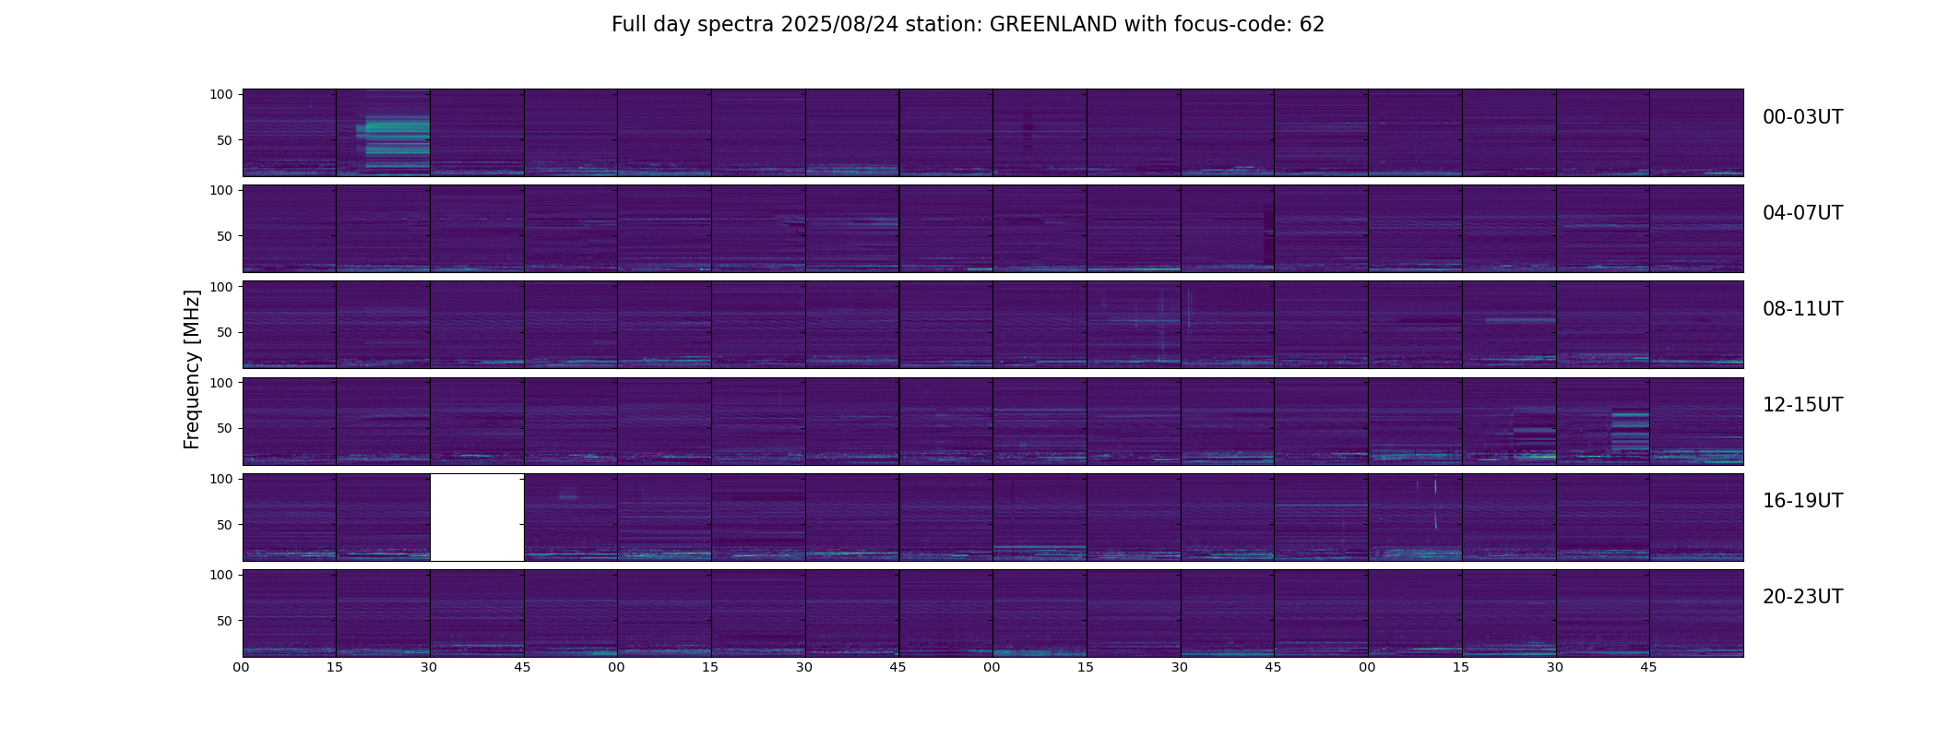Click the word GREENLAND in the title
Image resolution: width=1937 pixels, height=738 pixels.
(x=1052, y=25)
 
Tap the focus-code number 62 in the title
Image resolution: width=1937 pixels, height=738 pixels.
(x=1312, y=25)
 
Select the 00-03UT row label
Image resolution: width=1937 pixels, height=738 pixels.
(x=1802, y=117)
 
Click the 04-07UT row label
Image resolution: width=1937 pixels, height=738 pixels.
(x=1802, y=213)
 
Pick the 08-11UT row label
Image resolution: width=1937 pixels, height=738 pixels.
(x=1802, y=309)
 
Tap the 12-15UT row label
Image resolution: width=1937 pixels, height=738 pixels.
(x=1802, y=405)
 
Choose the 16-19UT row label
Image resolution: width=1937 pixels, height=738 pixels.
(x=1802, y=501)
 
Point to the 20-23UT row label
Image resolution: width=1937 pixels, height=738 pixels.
(x=1802, y=597)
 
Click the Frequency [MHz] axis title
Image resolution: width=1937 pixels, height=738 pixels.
(x=192, y=369)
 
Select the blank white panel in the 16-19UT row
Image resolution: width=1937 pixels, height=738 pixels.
(x=477, y=518)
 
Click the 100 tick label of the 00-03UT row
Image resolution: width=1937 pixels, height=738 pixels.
(x=221, y=94)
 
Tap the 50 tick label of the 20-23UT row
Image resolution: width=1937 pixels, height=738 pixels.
(x=225, y=621)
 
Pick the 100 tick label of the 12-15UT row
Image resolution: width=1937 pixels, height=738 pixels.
(x=221, y=382)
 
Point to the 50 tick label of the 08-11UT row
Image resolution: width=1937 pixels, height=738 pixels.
(x=225, y=332)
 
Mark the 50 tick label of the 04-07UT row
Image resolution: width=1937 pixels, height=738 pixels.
(x=225, y=236)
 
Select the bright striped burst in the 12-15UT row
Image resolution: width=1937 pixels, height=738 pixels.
(x=1630, y=431)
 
